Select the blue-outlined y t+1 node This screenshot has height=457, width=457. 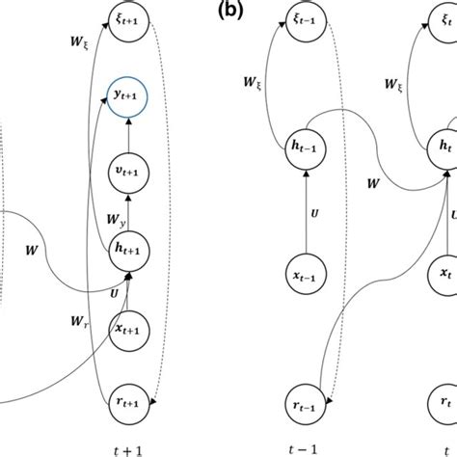point(128,97)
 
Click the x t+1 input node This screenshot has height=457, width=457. point(128,327)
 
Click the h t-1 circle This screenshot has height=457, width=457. point(306,147)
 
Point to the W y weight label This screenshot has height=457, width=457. point(115,221)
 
